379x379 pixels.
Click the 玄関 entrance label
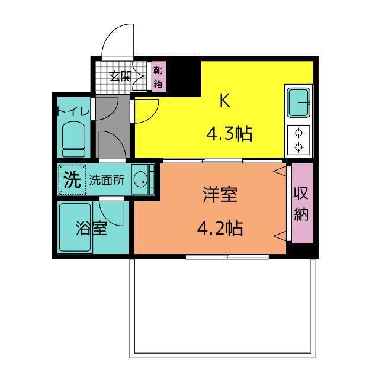coord(120,76)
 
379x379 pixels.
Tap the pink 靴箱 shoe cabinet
coord(159,76)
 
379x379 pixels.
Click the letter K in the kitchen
coord(224,100)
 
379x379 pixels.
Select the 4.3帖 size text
coord(230,134)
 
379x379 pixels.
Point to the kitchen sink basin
coord(298,102)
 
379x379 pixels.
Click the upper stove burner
coord(298,133)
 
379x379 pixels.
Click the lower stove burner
coord(298,147)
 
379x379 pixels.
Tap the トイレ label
coord(73,111)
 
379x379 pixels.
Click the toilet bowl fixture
coord(73,139)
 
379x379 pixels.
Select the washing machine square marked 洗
coord(72,179)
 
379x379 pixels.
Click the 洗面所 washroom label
coord(107,180)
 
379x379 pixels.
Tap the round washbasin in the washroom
coord(141,180)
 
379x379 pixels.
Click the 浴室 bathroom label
coord(91,228)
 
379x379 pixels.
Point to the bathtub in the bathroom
coord(75,227)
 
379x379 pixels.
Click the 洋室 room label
coord(220,195)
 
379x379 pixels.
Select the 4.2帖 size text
coord(220,229)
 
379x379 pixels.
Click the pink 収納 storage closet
coord(303,203)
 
